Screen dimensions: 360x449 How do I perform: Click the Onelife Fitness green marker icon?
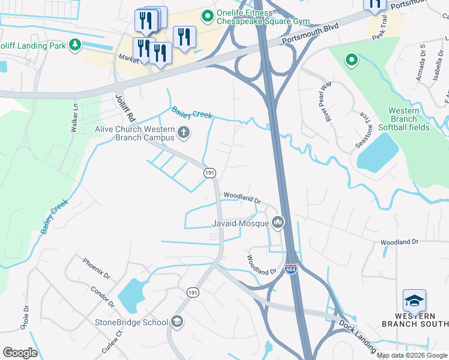tap(208, 16)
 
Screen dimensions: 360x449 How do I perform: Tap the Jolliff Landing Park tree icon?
tap(74, 44)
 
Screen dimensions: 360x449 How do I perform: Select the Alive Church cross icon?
tap(184, 132)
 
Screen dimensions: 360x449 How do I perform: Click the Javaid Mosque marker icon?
tap(277, 224)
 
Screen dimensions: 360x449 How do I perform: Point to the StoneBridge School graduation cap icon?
tap(177, 322)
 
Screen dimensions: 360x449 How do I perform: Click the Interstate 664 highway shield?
tap(291, 270)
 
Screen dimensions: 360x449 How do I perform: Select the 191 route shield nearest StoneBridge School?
tap(193, 292)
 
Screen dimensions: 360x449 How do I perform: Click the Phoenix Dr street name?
tap(97, 269)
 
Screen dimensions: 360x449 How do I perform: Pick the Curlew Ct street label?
tap(112, 342)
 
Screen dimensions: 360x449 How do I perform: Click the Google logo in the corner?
tap(20, 353)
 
